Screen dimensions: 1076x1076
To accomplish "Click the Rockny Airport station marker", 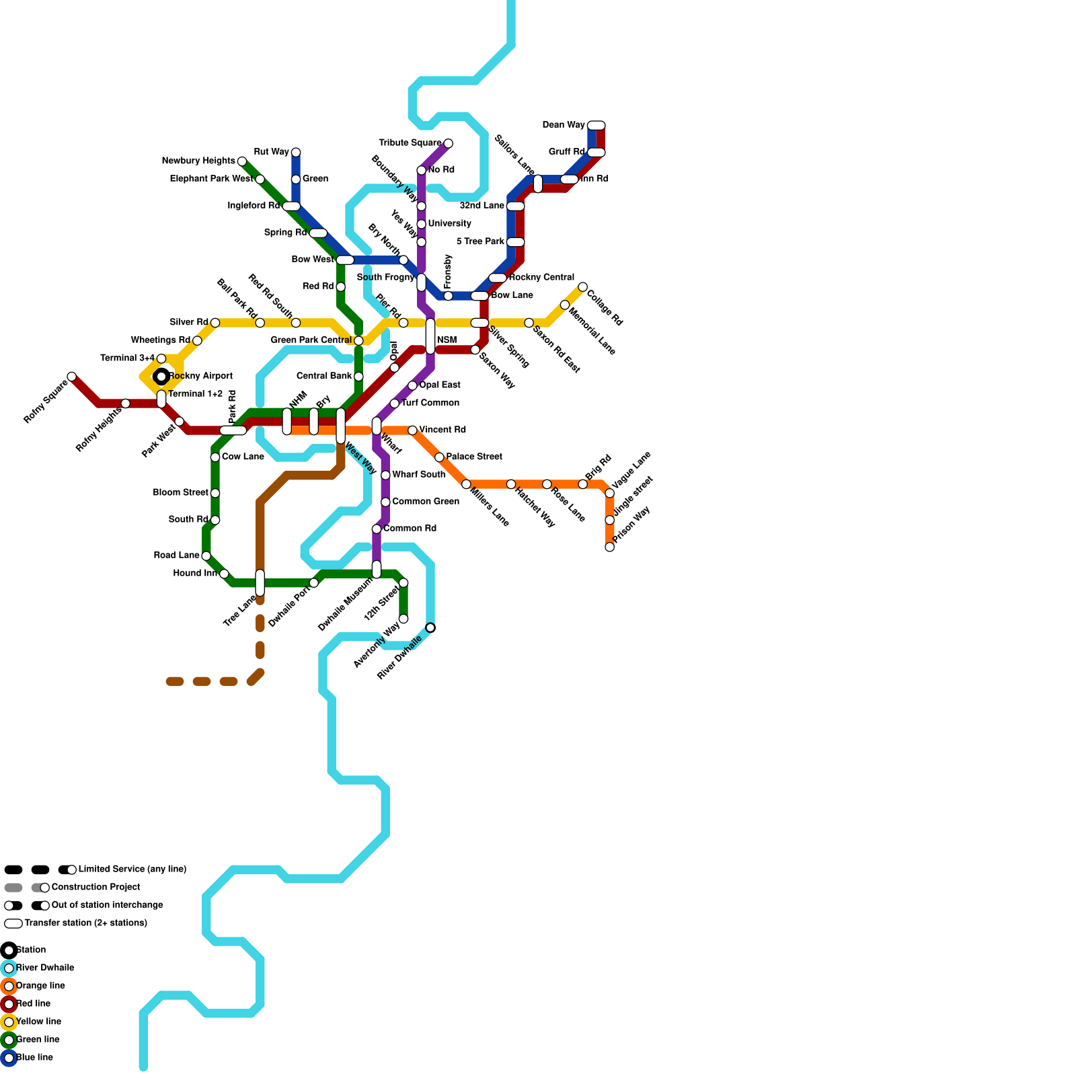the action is [x=161, y=377].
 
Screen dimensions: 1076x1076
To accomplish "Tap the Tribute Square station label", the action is [x=410, y=143].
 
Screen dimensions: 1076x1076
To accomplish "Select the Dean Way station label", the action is [x=563, y=125].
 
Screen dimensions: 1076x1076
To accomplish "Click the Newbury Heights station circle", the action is [x=242, y=161].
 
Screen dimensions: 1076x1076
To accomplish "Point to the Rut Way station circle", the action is [x=296, y=153].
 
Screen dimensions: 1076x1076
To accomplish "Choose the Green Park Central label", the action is [x=311, y=340].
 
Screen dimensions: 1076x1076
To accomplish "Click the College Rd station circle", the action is [x=582, y=287].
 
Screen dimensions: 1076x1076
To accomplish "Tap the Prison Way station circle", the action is [x=609, y=547].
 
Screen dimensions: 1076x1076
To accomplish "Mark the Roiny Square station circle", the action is [x=72, y=377].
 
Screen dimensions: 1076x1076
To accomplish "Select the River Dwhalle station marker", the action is [x=430, y=627].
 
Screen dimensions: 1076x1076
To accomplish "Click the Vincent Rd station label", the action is [x=442, y=430].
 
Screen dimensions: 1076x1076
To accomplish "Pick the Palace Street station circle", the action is [x=439, y=457].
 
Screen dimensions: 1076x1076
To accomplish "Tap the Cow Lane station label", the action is [x=243, y=457].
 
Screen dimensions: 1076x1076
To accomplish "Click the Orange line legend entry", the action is [x=40, y=986].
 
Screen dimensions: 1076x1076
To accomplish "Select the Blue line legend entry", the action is [x=34, y=1058].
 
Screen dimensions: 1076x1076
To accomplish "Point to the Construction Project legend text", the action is [x=95, y=887].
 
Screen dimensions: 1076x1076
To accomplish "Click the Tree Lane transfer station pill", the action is [x=260, y=582].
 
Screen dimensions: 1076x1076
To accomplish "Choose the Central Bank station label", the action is [x=324, y=376].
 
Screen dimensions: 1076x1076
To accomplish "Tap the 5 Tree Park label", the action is [x=480, y=242].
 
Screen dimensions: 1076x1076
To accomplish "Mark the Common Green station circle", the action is [x=385, y=502].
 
